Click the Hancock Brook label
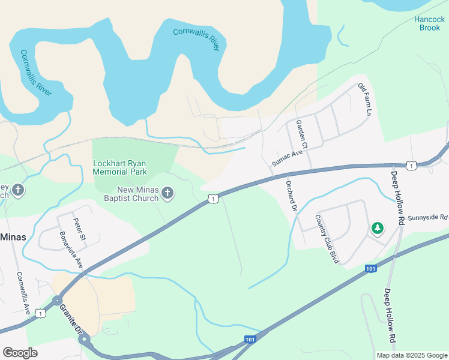click(x=429, y=23)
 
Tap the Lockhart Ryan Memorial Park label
click(x=120, y=167)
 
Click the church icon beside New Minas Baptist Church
click(x=168, y=193)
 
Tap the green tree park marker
click(x=377, y=228)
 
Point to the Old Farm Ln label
click(x=365, y=100)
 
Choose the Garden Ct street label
click(x=301, y=134)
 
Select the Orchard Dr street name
click(x=292, y=196)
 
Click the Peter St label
click(x=79, y=230)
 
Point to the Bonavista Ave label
click(x=70, y=250)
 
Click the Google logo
click(x=20, y=353)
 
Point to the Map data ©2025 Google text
click(x=411, y=355)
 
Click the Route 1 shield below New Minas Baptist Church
click(x=212, y=198)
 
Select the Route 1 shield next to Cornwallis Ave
click(x=40, y=313)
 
